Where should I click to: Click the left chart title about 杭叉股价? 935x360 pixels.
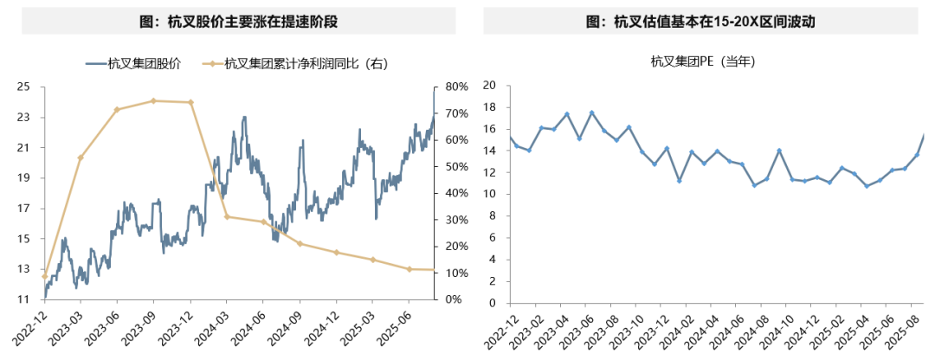click(233, 22)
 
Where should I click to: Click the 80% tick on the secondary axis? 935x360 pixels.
click(456, 87)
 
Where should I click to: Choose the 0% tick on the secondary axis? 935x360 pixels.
click(453, 299)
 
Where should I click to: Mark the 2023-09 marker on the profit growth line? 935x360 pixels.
click(153, 100)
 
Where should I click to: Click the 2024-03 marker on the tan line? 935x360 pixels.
click(227, 216)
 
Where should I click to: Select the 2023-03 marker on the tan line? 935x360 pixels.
click(81, 157)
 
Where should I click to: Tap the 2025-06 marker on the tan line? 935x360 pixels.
click(409, 269)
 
